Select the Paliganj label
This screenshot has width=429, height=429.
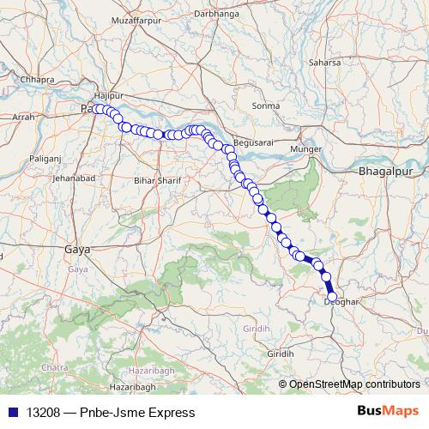point(47,158)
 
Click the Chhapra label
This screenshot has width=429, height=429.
point(36,79)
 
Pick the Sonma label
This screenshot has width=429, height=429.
point(266,106)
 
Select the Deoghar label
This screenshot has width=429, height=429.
point(341,301)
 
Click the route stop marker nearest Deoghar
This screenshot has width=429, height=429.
point(333,297)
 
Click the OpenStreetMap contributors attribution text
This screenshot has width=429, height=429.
point(353,384)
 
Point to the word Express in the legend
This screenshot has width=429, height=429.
point(158,412)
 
